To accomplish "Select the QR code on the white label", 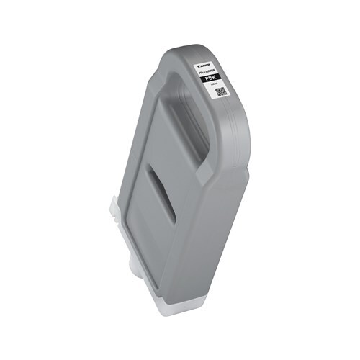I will pyautogui.click(x=221, y=92).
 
